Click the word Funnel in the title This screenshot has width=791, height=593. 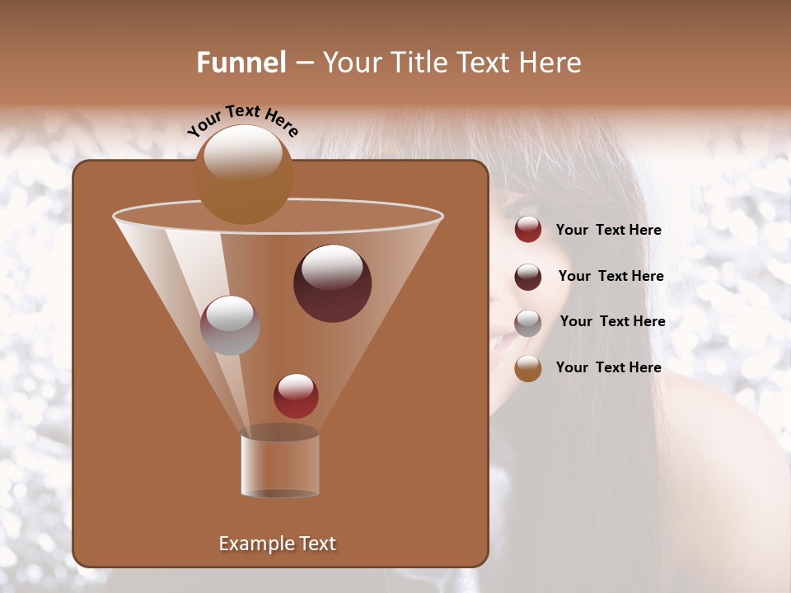tap(241, 63)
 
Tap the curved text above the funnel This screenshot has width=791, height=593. tap(242, 120)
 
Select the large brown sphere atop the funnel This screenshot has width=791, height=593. tap(243, 175)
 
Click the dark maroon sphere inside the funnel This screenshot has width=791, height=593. tap(333, 283)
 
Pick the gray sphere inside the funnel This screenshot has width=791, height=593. tap(230, 325)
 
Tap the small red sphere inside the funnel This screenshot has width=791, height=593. tap(296, 396)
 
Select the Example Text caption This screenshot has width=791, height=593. tap(277, 544)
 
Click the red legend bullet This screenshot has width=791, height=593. tap(528, 230)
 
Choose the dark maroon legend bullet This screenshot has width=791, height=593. tap(528, 277)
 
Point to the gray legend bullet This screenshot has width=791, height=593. tap(528, 323)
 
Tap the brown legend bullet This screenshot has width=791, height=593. tap(528, 368)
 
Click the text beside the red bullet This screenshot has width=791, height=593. tap(608, 231)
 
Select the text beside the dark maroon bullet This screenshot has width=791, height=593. tap(611, 277)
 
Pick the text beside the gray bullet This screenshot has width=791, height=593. tap(612, 322)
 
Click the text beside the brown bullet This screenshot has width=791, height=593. tap(608, 367)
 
